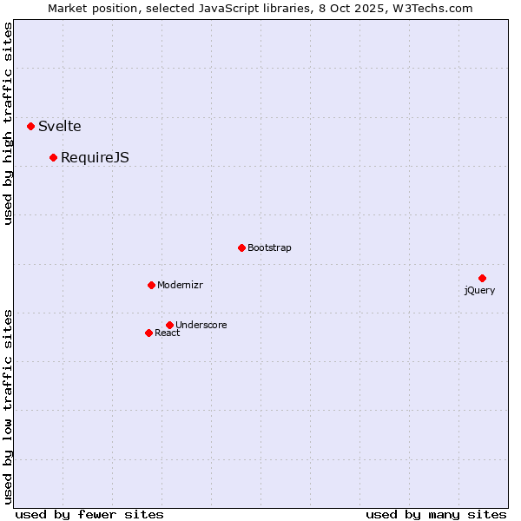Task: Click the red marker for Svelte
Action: click(x=31, y=126)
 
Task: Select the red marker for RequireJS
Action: click(x=54, y=157)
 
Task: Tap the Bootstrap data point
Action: click(x=241, y=247)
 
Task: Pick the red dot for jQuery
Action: click(x=482, y=278)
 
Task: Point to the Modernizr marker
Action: click(x=151, y=285)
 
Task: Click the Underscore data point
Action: click(x=169, y=325)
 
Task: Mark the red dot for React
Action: click(x=148, y=333)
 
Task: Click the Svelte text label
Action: click(x=60, y=126)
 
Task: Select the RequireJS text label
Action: click(x=95, y=157)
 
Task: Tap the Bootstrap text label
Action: click(x=269, y=247)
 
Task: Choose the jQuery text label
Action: click(x=479, y=290)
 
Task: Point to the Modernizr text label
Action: click(x=180, y=285)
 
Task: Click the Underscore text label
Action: click(x=201, y=325)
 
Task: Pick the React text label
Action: click(x=168, y=333)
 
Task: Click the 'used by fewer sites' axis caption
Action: click(x=89, y=514)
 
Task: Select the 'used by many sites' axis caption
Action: click(x=436, y=514)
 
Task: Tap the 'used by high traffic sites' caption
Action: click(x=9, y=123)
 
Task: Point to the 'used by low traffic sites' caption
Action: click(x=9, y=406)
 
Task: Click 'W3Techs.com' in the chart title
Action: click(x=432, y=9)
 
